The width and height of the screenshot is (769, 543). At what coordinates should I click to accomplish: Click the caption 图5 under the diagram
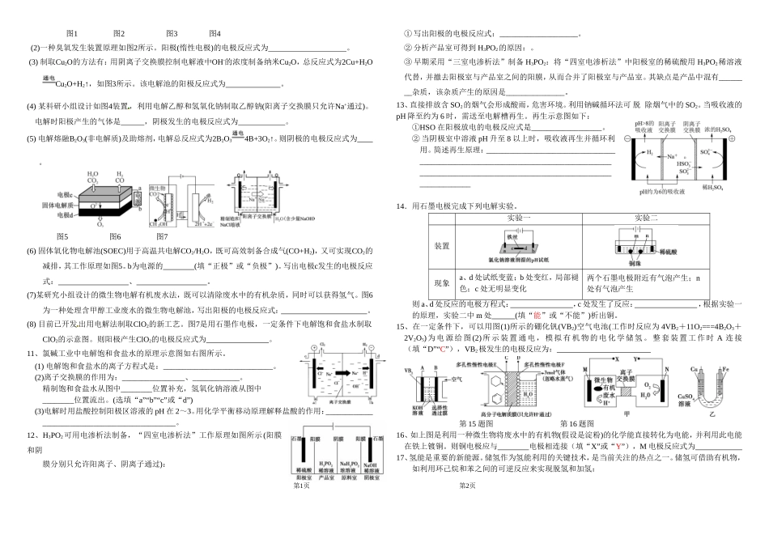[x=62, y=235]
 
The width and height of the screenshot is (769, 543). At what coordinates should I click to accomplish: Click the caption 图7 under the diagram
[x=162, y=235]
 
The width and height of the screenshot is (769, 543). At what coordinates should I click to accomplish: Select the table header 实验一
[x=518, y=218]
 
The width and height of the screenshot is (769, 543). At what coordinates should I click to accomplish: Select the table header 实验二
[x=647, y=218]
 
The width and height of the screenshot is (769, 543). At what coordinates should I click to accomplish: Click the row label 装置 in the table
[x=442, y=246]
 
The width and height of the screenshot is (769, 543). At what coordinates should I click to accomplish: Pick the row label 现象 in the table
[x=442, y=282]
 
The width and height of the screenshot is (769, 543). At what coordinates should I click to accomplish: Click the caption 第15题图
[x=476, y=422]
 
